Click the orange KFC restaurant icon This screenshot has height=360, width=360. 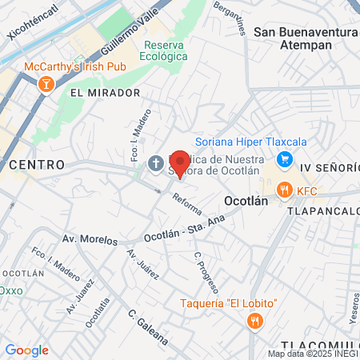pyautogui.click(x=283, y=190)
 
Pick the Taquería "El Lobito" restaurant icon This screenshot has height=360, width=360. pyautogui.click(x=254, y=321)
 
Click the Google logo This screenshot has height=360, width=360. pyautogui.click(x=26, y=350)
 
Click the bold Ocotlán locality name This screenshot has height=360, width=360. pyautogui.click(x=246, y=202)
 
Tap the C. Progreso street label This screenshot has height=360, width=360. pyautogui.click(x=206, y=270)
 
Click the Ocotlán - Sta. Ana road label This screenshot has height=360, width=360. pyautogui.click(x=185, y=229)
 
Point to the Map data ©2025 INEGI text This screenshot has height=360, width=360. pyautogui.click(x=313, y=354)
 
